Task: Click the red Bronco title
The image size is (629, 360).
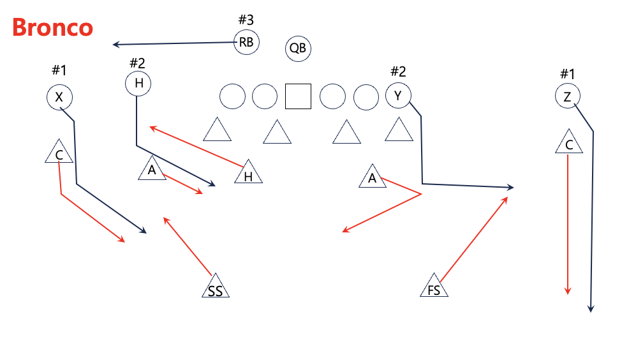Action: point(53,28)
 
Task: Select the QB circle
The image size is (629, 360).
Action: point(298,48)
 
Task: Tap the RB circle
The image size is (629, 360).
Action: point(247,43)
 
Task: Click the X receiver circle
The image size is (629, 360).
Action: point(59,97)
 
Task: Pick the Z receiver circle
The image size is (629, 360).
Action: point(567,96)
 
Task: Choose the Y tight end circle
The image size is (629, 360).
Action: point(398,96)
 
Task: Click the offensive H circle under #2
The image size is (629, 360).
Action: point(138,83)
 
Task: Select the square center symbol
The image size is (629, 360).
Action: point(298,96)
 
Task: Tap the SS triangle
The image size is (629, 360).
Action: point(215,288)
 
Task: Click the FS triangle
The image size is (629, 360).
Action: point(434,287)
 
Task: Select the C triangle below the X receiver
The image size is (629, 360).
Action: point(59,153)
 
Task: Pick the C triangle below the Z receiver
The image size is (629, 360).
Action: point(569,144)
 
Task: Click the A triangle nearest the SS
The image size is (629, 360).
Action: point(152,169)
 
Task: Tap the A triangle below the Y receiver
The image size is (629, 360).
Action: point(373,177)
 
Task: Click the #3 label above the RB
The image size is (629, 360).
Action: point(246,20)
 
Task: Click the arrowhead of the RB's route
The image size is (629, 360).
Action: point(115,45)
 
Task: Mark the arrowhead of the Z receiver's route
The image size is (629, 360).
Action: point(591,310)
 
